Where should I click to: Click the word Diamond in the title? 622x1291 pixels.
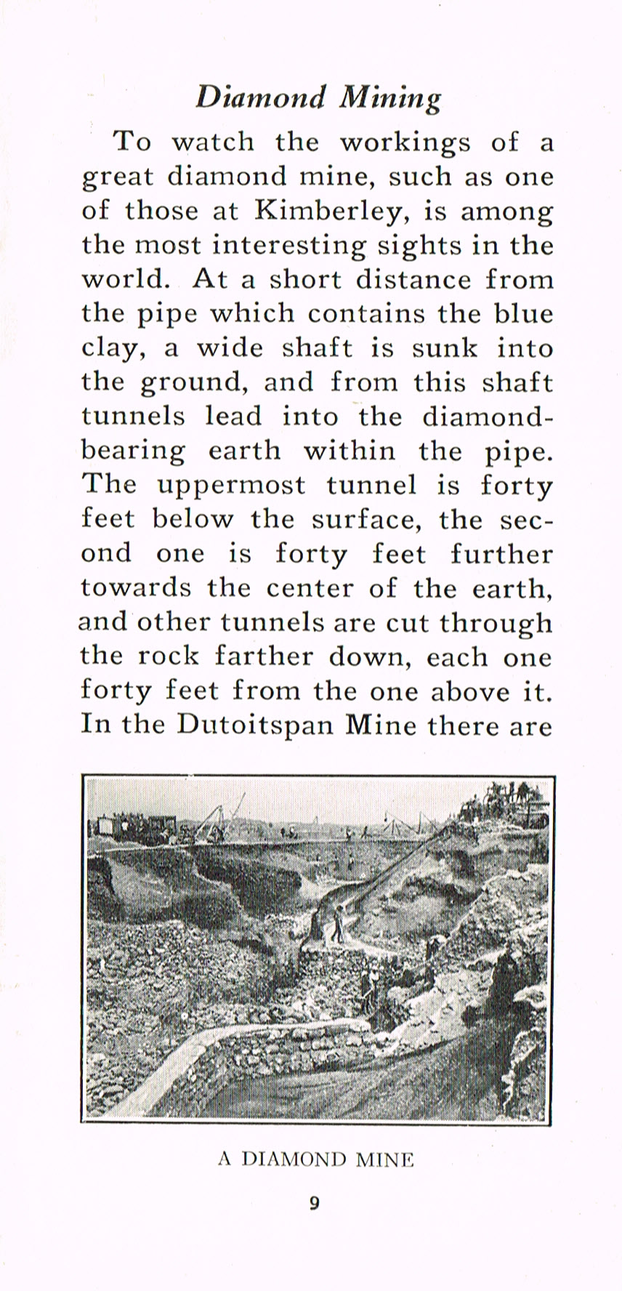[260, 97]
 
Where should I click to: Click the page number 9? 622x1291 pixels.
[314, 1203]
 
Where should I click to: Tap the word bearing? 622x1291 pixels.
[133, 451]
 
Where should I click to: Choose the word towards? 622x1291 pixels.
[136, 587]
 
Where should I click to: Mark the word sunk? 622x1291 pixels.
[445, 348]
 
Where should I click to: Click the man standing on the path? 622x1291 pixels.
[338, 923]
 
